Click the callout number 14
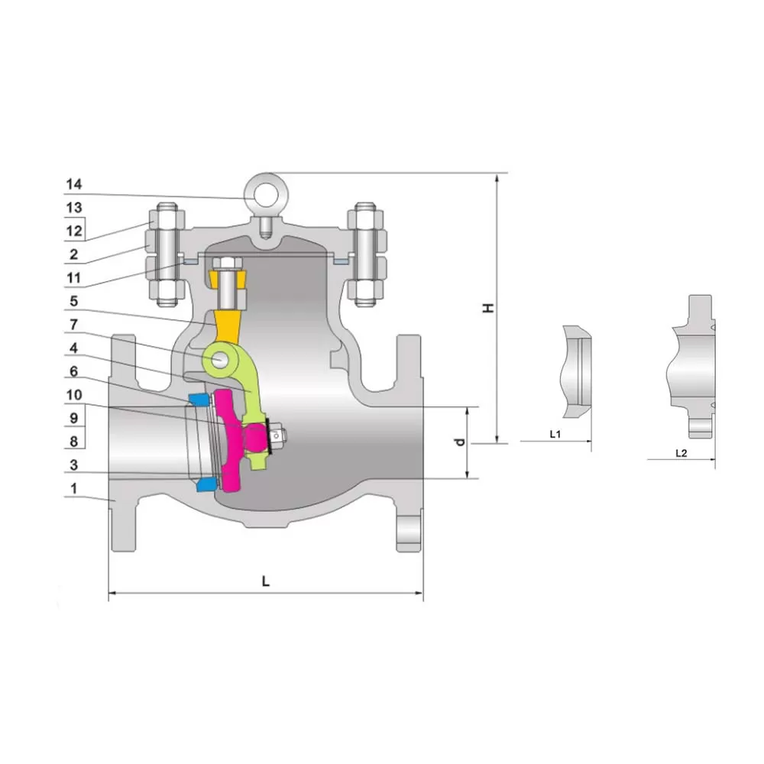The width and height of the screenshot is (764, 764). pos(74,184)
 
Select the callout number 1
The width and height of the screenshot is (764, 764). pos(73,488)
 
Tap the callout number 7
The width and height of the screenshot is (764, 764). pos(73,325)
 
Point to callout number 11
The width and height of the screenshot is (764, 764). pos(73,278)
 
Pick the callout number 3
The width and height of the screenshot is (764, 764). pos(73,465)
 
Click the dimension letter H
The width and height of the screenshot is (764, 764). pos(487,308)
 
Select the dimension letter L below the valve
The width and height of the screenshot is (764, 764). pos(266,581)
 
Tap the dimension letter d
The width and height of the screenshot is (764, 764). pos(460,442)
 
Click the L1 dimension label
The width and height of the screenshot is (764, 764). pos(555,434)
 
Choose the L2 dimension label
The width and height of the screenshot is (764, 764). pos(681,453)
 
